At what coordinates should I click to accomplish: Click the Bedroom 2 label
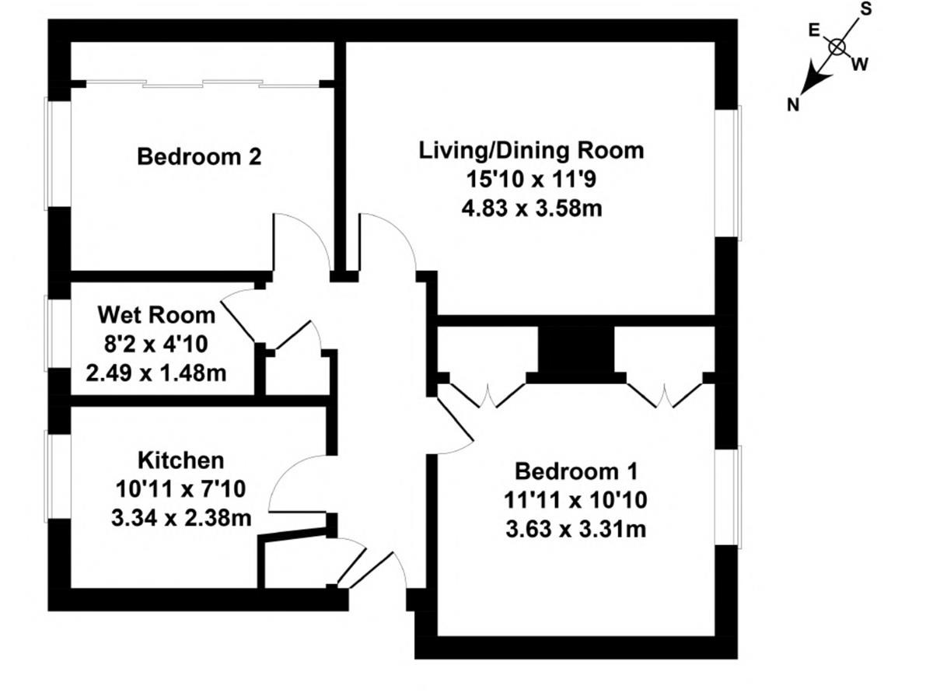199,157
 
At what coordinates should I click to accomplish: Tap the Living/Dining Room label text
531,151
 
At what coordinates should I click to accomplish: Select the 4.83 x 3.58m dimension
532,208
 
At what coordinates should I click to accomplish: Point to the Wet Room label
156,315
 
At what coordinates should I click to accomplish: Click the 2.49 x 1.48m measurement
156,373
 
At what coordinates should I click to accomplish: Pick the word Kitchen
181,460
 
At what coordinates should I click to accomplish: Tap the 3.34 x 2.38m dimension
181,518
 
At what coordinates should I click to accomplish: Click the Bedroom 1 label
576,471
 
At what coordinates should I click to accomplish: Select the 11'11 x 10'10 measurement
575,500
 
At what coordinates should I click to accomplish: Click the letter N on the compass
793,104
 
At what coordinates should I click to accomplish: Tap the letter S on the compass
866,9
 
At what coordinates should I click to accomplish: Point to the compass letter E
813,30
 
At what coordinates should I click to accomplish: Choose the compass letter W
859,65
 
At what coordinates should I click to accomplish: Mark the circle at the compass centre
837,47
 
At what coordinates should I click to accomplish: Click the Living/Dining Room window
728,173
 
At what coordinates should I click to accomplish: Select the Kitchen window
58,476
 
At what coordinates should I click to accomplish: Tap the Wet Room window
58,333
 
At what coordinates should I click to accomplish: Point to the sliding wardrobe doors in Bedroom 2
203,84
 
